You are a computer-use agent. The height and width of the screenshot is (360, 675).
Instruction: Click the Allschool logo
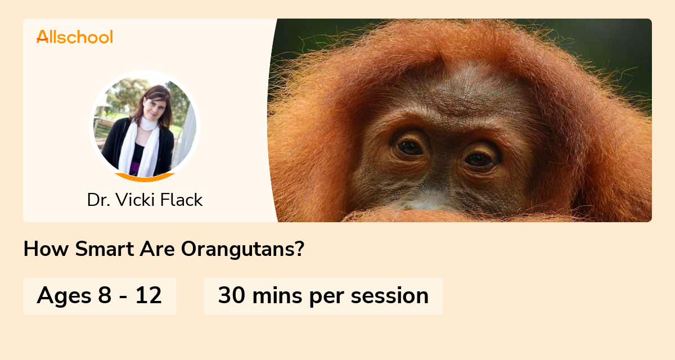pos(75,37)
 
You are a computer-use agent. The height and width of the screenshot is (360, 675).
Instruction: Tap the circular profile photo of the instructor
pos(145,125)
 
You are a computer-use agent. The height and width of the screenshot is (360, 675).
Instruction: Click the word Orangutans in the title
pos(242,249)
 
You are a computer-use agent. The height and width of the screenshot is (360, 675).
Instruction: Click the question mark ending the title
pos(299,249)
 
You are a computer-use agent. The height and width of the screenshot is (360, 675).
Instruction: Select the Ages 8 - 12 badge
pos(100,296)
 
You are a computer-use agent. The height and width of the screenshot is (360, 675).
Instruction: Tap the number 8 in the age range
pos(105,296)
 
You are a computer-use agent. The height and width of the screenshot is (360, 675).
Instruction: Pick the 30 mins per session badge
pos(323,296)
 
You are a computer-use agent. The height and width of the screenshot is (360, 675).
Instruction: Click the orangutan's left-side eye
pos(410,147)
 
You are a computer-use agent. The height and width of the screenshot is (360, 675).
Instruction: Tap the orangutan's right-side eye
pos(480,159)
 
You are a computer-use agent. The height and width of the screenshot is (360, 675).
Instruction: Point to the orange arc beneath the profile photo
pos(145,178)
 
